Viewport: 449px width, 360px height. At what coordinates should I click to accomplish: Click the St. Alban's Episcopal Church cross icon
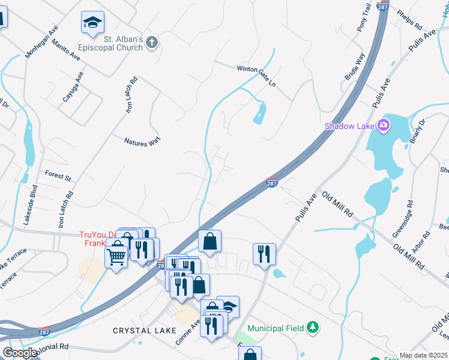pos(152,42)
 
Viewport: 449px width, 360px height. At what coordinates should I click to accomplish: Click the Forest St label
pos(58,175)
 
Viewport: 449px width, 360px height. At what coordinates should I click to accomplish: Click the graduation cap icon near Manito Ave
pos(92,23)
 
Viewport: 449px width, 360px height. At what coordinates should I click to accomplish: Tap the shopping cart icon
pos(116,256)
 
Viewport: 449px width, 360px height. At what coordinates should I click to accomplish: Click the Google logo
pos(20,353)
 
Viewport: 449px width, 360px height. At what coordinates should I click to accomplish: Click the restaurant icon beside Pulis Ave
pos(264,254)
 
